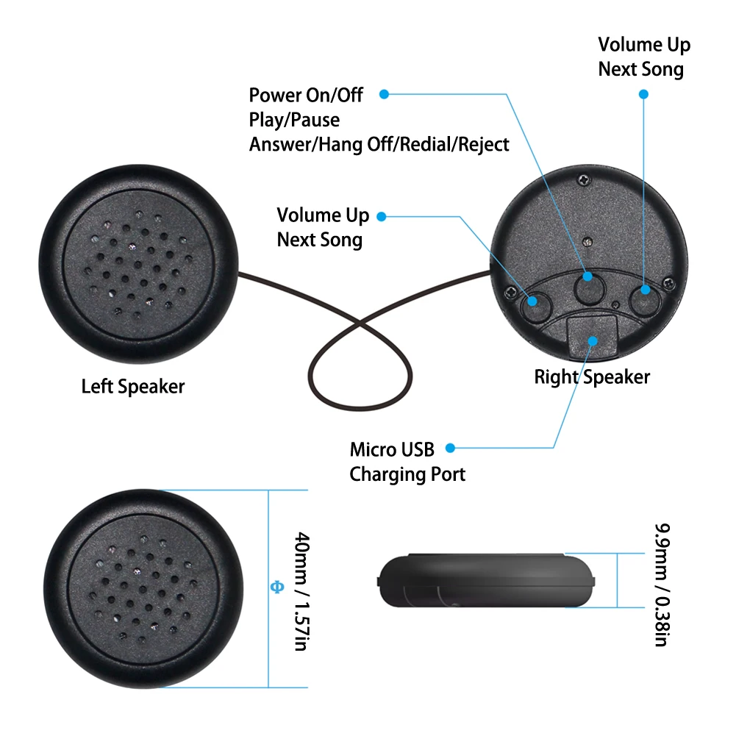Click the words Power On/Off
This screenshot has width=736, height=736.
306,96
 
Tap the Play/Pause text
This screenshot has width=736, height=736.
294,120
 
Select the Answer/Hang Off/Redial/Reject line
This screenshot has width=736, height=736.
379,144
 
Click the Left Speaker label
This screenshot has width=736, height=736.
133,386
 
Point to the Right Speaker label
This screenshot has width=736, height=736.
592,377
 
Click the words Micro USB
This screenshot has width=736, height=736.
392,449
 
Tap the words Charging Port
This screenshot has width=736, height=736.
407,474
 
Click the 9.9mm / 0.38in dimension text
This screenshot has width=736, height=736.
660,585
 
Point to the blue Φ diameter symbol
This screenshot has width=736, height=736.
277,587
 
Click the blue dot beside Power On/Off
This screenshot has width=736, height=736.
383,94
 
